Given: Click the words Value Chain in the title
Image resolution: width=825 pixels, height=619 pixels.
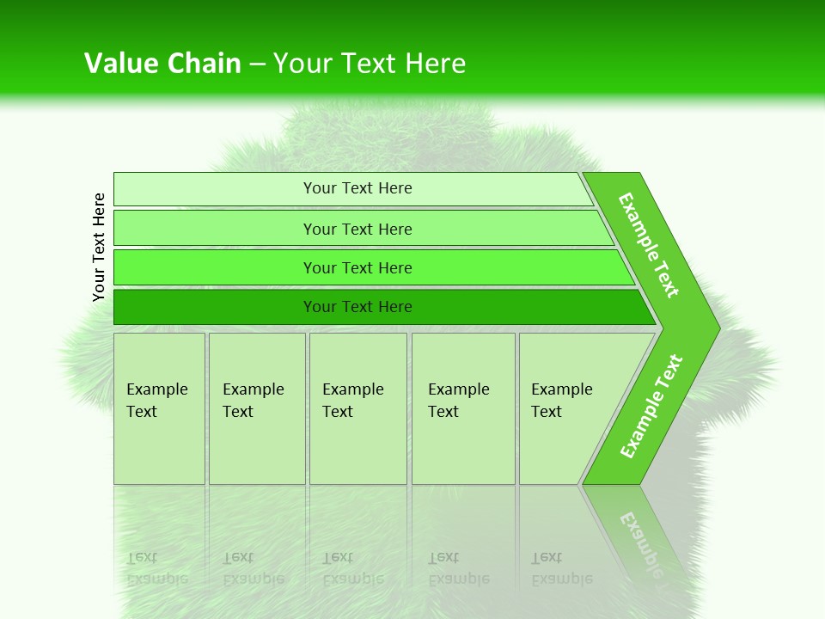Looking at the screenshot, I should [x=162, y=64].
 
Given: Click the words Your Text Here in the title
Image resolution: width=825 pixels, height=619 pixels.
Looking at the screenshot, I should [x=370, y=64].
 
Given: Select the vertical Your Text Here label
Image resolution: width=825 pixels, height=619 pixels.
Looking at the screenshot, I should [x=100, y=247].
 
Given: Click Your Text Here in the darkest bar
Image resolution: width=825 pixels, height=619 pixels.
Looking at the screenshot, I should [x=357, y=307].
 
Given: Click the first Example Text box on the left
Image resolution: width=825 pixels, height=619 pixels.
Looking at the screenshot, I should [x=159, y=408].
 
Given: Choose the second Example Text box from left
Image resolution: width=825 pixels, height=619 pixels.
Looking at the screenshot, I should [x=257, y=408].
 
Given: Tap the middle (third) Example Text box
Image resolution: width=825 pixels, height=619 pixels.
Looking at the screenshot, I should [x=357, y=408].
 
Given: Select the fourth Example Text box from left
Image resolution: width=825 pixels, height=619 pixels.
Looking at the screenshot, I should [x=463, y=408].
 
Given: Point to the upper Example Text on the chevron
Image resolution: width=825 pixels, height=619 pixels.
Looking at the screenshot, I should [x=649, y=245].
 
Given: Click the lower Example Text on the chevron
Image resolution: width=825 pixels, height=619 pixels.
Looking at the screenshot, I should [x=651, y=407].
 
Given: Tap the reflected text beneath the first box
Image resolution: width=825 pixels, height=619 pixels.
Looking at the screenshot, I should [x=157, y=568].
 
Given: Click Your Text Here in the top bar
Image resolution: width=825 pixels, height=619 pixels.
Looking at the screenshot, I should [x=357, y=188].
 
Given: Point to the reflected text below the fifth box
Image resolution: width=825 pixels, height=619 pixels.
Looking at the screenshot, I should [x=561, y=568].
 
